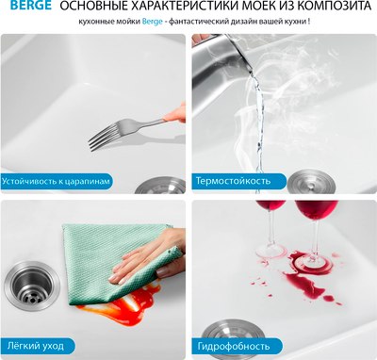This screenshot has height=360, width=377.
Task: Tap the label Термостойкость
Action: click(x=233, y=180)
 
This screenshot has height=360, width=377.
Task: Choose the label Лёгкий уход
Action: click(x=39, y=347)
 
